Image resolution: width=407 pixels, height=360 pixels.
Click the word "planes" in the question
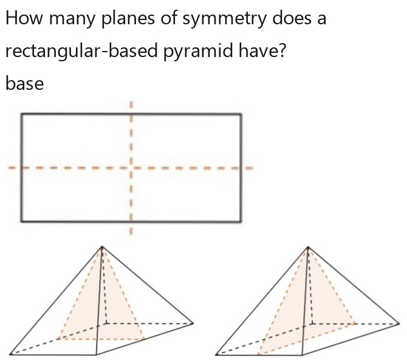click(128, 19)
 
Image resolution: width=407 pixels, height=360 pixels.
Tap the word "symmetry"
click(224, 19)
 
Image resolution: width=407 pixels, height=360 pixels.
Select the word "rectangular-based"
click(81, 51)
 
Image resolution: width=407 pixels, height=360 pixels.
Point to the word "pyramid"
click(198, 52)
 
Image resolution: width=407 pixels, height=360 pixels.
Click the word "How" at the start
click(24, 18)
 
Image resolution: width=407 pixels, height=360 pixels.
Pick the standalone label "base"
click(25, 83)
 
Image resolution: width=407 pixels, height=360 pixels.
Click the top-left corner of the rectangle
click(21, 114)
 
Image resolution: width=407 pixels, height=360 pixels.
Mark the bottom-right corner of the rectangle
click(241, 222)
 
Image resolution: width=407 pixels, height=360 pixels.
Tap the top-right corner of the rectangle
click(241, 114)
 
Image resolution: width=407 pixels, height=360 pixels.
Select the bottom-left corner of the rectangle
click(21, 222)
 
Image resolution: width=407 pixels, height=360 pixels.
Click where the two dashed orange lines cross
click(131, 168)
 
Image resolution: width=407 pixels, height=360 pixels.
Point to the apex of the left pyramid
click(102, 246)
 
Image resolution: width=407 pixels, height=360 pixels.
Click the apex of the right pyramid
click(308, 246)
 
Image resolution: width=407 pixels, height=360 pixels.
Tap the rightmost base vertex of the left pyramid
click(193, 324)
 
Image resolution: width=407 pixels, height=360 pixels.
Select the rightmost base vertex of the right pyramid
click(399, 324)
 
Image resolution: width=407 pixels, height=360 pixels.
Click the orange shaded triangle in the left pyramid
click(102, 311)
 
